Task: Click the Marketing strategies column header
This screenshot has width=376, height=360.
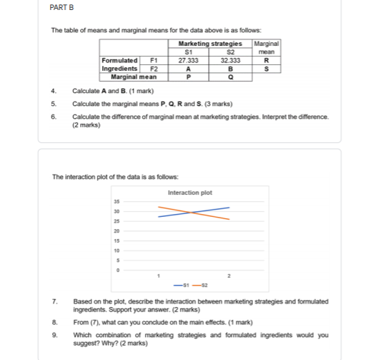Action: (210, 44)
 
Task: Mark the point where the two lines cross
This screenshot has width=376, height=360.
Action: (191, 213)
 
